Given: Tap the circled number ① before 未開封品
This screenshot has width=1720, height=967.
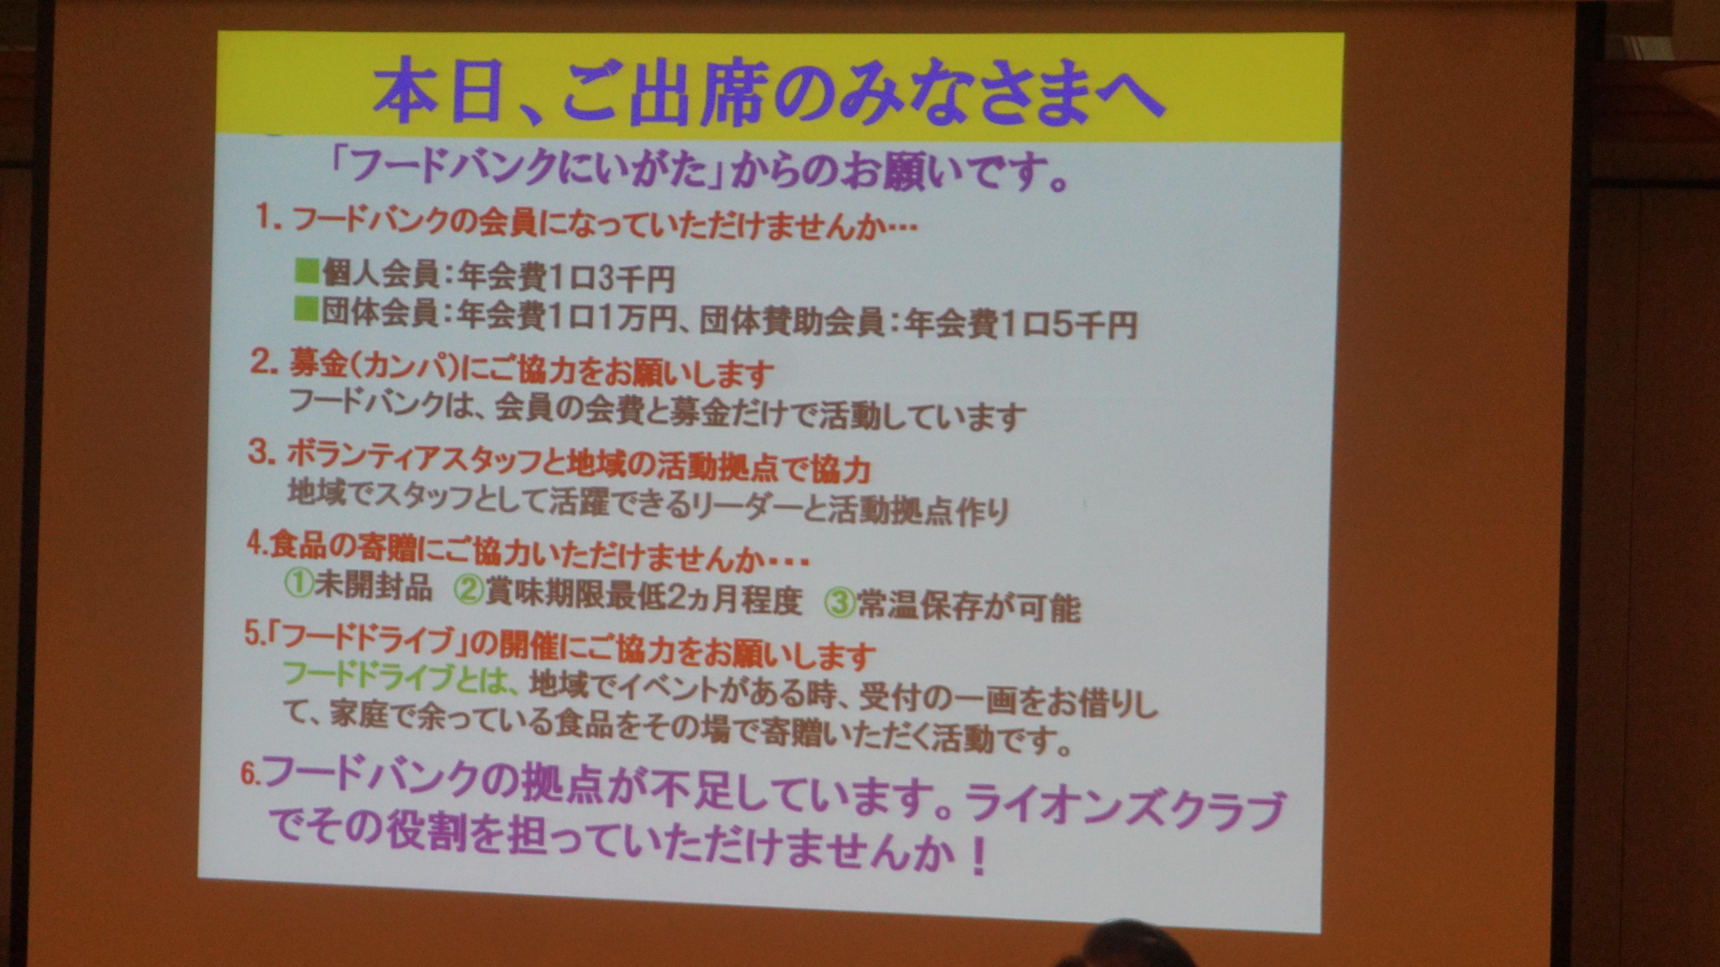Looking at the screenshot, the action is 298,585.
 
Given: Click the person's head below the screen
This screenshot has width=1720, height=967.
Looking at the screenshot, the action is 1128,948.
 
